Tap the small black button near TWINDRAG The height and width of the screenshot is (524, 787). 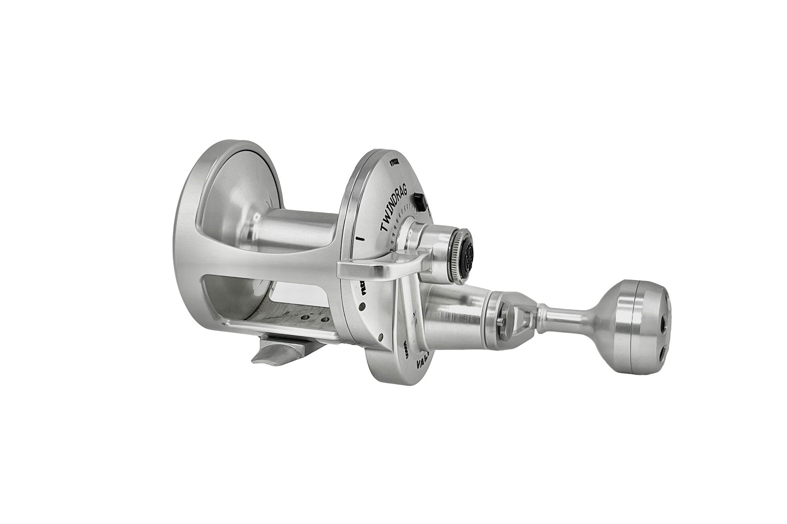(419, 201)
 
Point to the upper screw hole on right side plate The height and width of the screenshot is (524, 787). (362, 306)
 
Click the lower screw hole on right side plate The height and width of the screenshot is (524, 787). (381, 337)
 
